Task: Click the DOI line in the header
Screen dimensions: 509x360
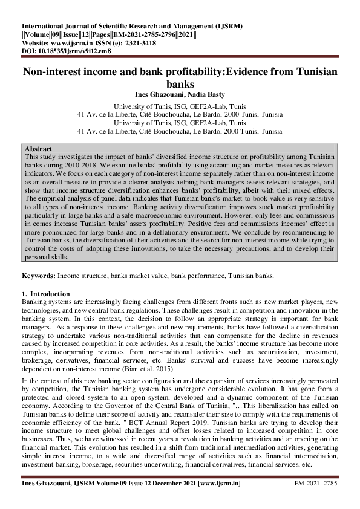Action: point(66,51)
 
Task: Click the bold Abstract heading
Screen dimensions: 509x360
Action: point(38,148)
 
